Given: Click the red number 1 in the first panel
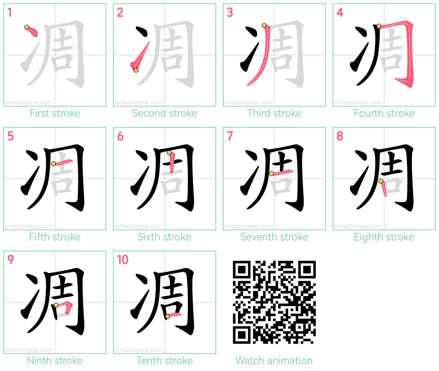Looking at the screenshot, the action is pos(10,12).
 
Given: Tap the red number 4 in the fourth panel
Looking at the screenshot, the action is pos(340,12).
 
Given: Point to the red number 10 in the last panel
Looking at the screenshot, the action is pos(122,259).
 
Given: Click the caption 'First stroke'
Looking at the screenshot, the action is pos(55,113).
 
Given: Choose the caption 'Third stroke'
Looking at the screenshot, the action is pos(274,113).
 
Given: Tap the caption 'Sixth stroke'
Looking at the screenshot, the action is pos(164,237).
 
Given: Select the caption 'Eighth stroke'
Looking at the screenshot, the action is pos(384,237).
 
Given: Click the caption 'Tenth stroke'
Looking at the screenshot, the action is pos(164,360).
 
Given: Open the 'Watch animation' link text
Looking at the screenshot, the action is pos(274,360).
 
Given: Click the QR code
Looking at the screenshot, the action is pos(274,302).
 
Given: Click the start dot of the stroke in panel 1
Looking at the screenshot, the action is pos(27,27).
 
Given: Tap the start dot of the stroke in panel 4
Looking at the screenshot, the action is pos(379,26).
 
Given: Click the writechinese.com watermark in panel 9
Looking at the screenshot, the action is pos(28,350).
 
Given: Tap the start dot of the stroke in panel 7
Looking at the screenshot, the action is pos(272,174).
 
